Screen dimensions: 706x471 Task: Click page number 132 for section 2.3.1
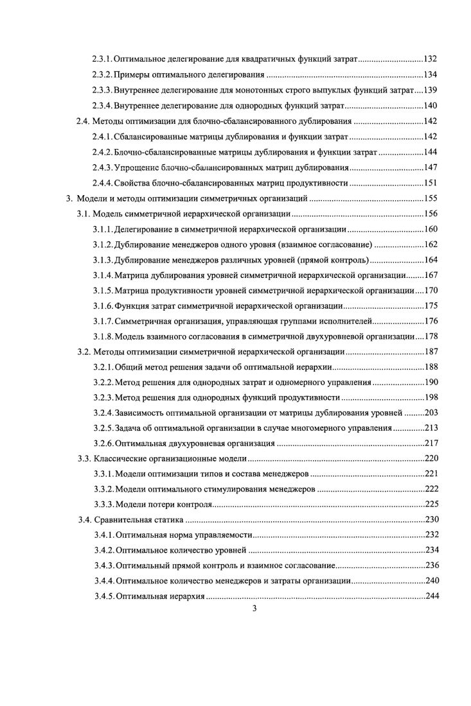pos(431,59)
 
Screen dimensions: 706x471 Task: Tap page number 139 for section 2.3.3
pos(431,90)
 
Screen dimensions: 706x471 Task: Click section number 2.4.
pos(83,121)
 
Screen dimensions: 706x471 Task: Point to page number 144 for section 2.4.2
pos(431,151)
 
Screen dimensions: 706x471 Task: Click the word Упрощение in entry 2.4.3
pos(140,168)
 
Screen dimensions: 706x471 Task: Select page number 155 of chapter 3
pos(431,198)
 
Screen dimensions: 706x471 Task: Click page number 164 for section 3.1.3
pos(431,260)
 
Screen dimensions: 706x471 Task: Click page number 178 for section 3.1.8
pos(431,337)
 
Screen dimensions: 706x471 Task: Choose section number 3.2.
pos(83,352)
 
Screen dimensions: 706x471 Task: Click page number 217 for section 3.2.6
pos(431,444)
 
